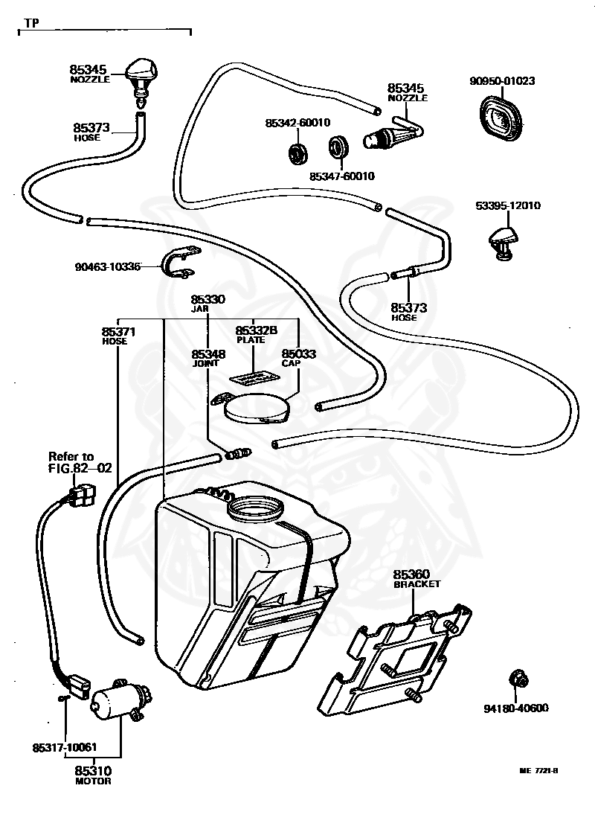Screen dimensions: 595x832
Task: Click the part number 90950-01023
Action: [502, 81]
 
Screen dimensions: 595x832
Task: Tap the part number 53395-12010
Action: [508, 206]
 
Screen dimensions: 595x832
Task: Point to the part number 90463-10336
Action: [108, 266]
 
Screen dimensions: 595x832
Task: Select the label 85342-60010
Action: [297, 123]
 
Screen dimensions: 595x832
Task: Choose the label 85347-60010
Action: [342, 176]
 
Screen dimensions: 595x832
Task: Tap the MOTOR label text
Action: [93, 781]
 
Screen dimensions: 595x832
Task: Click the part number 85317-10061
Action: [65, 748]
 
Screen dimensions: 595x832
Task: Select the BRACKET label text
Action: [416, 583]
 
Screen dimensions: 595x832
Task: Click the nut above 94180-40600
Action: [519, 679]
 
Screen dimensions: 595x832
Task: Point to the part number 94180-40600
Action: [516, 708]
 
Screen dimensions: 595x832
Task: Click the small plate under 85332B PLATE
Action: [254, 377]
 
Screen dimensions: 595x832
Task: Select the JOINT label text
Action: [205, 363]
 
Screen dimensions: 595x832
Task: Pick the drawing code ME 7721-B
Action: [538, 771]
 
